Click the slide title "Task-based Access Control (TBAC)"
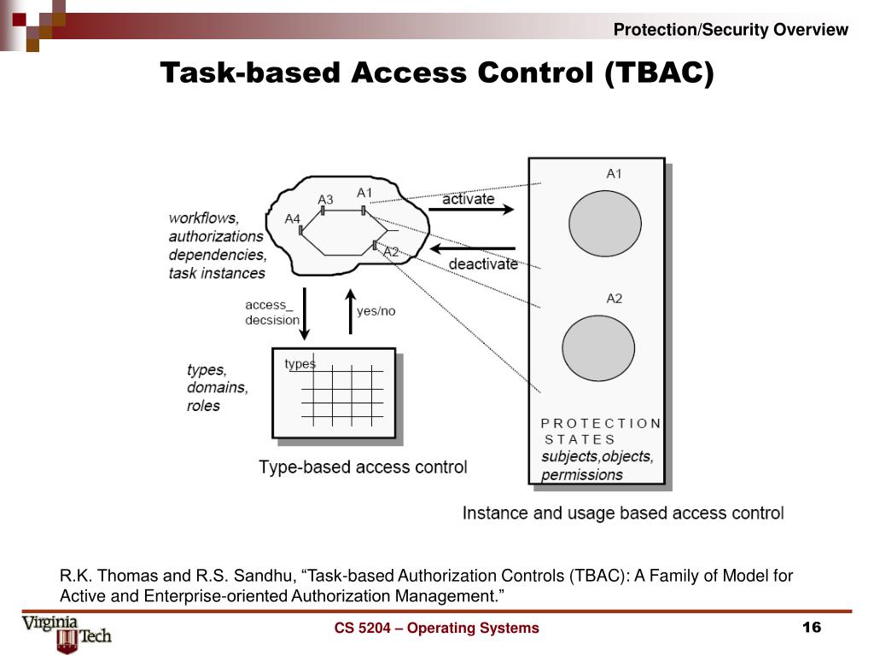(437, 73)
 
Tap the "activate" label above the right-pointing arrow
(469, 199)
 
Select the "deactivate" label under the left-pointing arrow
(483, 264)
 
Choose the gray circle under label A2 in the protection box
(598, 349)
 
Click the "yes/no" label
(376, 310)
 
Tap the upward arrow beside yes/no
(349, 311)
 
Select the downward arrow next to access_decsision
(306, 318)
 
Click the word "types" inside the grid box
(300, 364)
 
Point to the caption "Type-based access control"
(363, 467)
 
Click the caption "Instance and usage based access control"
(622, 513)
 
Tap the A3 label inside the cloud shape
(325, 200)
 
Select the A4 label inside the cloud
(293, 219)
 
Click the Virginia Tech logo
(67, 632)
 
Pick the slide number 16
(811, 628)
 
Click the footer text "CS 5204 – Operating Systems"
(436, 629)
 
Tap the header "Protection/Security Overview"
(731, 30)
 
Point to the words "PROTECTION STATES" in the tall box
(601, 431)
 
